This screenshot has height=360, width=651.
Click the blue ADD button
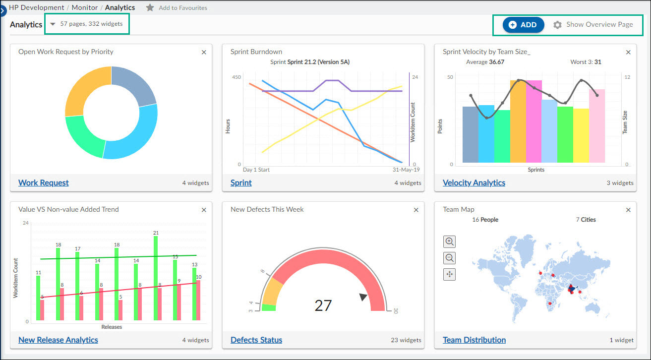click(523, 25)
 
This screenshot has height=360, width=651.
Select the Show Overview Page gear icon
click(558, 25)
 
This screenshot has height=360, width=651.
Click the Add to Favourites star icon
click(150, 8)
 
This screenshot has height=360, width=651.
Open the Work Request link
click(44, 182)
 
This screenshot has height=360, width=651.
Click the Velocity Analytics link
click(473, 182)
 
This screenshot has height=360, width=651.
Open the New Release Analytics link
click(58, 340)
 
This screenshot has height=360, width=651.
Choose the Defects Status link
click(256, 340)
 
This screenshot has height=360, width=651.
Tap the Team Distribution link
click(474, 340)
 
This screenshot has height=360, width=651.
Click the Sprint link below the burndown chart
click(241, 182)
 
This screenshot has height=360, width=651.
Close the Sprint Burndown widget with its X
click(416, 52)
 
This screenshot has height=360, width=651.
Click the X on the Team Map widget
click(628, 210)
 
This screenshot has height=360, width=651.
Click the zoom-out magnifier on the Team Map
click(449, 258)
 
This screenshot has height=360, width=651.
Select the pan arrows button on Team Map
click(449, 274)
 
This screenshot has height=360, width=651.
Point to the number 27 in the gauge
click(323, 305)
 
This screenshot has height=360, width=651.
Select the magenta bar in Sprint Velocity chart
click(533, 121)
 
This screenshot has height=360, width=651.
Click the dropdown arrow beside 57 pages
click(53, 24)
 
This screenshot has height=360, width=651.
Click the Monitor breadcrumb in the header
click(85, 8)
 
